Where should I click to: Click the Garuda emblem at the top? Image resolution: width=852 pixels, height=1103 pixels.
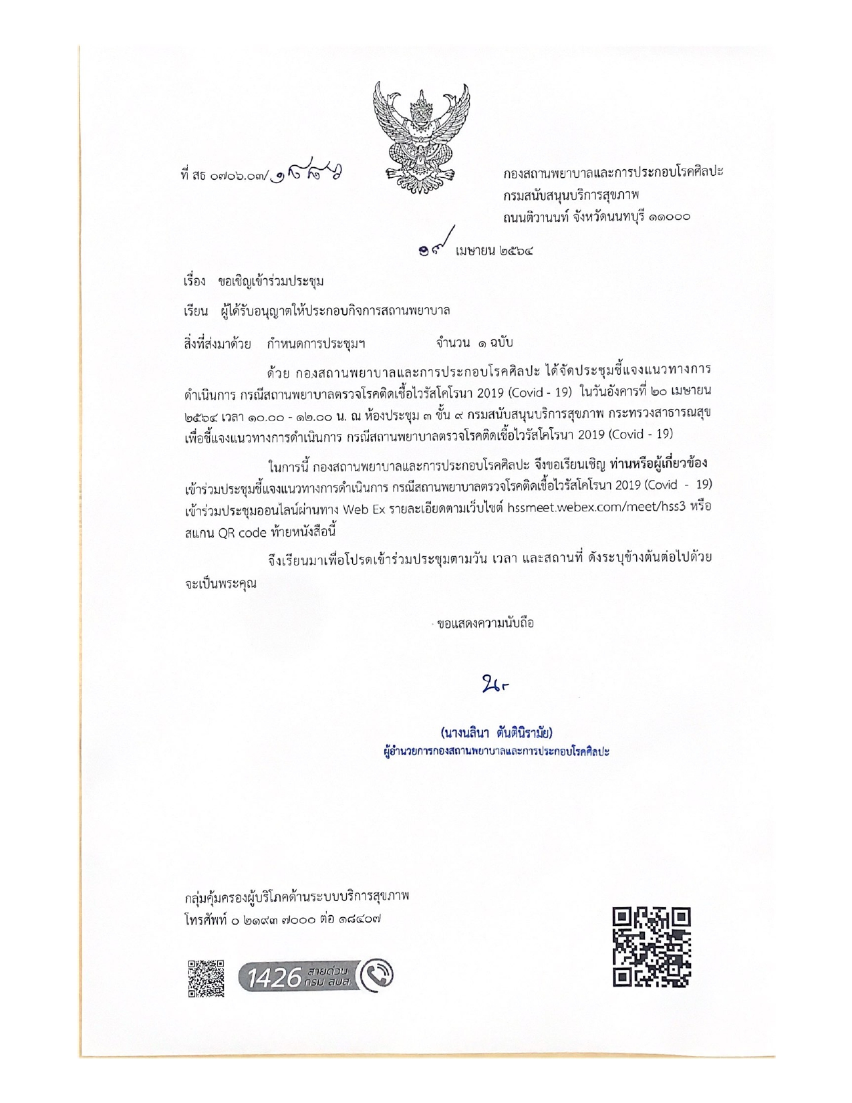(x=420, y=132)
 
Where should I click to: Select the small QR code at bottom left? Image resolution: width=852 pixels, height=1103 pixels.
(x=206, y=978)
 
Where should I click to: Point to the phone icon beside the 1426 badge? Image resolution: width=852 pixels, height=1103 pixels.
(x=378, y=977)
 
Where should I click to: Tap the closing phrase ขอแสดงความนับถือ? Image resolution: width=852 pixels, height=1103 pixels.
(x=484, y=624)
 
